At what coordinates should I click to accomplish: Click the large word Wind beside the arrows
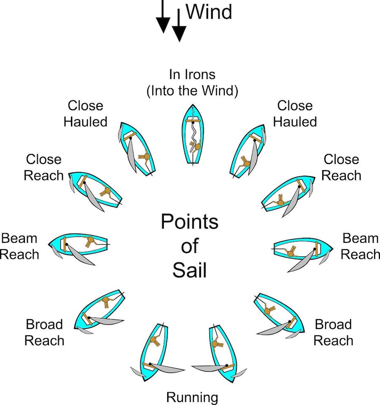(x=209, y=11)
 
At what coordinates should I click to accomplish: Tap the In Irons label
(x=192, y=75)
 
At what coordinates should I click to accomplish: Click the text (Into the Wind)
(x=192, y=91)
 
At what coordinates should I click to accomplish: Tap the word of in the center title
(x=190, y=246)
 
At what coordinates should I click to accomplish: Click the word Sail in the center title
(x=190, y=271)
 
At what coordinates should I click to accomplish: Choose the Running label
(x=193, y=397)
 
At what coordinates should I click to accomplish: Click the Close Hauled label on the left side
(x=86, y=114)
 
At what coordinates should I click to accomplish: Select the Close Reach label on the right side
(x=341, y=167)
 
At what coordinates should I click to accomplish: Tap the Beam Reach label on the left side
(x=19, y=246)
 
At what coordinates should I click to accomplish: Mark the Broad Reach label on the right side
(x=334, y=332)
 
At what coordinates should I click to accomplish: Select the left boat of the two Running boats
(x=154, y=353)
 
